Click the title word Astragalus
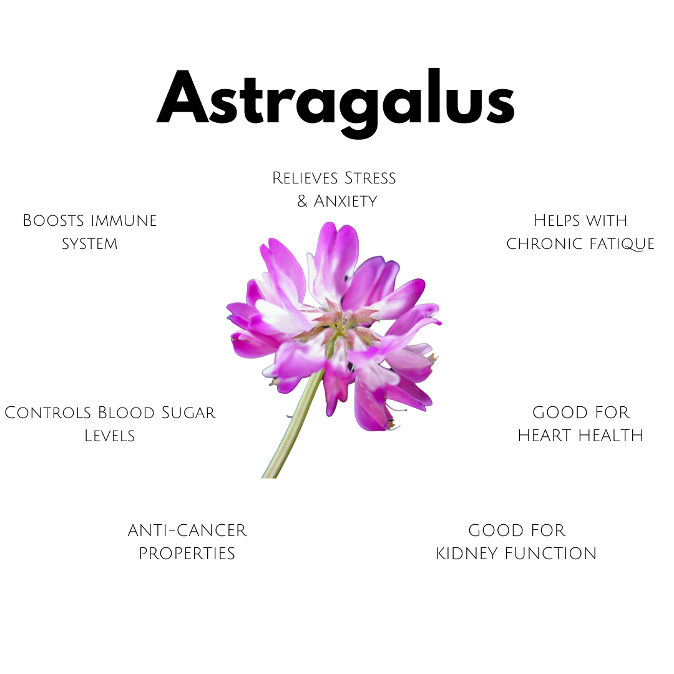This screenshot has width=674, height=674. point(336,100)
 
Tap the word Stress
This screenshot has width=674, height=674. point(368,178)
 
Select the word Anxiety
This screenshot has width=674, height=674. point(345,201)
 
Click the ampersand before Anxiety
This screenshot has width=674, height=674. point(303,202)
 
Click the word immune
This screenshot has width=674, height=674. point(124,220)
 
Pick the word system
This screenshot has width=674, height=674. point(90,243)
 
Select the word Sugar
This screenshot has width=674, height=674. point(189,413)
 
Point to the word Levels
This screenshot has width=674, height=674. point(110,435)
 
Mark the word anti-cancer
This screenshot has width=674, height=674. point(187,530)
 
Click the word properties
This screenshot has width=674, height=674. point(187,554)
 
